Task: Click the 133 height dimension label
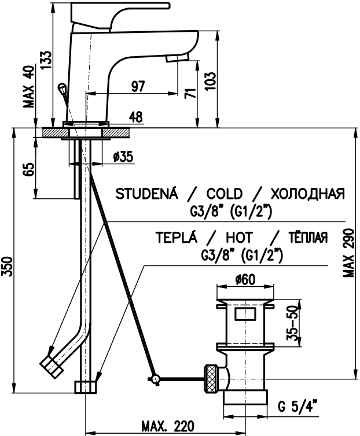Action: coord(46,60)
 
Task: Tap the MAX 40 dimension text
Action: coord(29,87)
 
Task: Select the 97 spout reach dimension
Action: coord(138,87)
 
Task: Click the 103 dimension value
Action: coord(211,81)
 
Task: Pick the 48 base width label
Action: coord(136,117)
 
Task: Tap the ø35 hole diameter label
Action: coord(123,157)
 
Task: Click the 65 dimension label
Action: coord(29,169)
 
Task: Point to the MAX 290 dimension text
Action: coord(348,253)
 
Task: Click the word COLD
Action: coord(225,194)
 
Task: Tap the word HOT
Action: coord(239,238)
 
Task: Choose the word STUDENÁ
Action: coord(146,194)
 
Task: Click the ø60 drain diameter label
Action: coord(245,280)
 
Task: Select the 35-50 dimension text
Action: coord(292,323)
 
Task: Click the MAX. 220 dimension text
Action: coord(168,426)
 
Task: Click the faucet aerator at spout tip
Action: coord(177,58)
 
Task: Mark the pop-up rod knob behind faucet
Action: coord(61,88)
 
